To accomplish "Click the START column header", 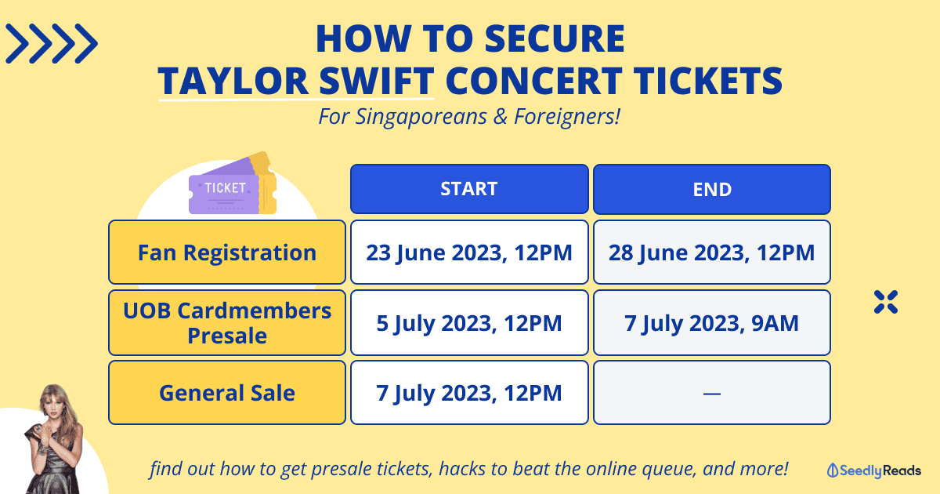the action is click(469, 189).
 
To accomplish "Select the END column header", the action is click(712, 189).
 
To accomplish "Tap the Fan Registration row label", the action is click(227, 252).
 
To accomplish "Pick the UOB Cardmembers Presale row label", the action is click(227, 322).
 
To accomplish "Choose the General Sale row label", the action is click(227, 393).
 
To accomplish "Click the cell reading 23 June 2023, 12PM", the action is click(469, 252).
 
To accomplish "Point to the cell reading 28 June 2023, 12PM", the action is click(712, 252).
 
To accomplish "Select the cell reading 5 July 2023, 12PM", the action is click(469, 322).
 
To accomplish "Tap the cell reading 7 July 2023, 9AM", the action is click(712, 322).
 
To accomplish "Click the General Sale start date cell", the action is click(469, 393).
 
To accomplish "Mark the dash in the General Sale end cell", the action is click(712, 394).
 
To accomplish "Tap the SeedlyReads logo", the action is click(873, 470).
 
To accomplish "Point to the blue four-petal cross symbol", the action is click(886, 302).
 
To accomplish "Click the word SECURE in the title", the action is click(555, 38).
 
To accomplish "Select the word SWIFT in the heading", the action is click(377, 81).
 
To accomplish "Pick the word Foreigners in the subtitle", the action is click(567, 116).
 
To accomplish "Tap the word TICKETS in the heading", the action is click(707, 81).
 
